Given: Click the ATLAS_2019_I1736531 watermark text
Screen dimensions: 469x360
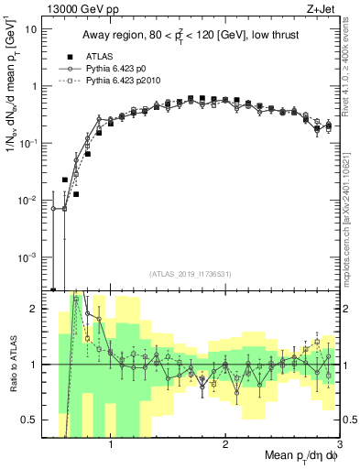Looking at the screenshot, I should click(190, 274).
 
